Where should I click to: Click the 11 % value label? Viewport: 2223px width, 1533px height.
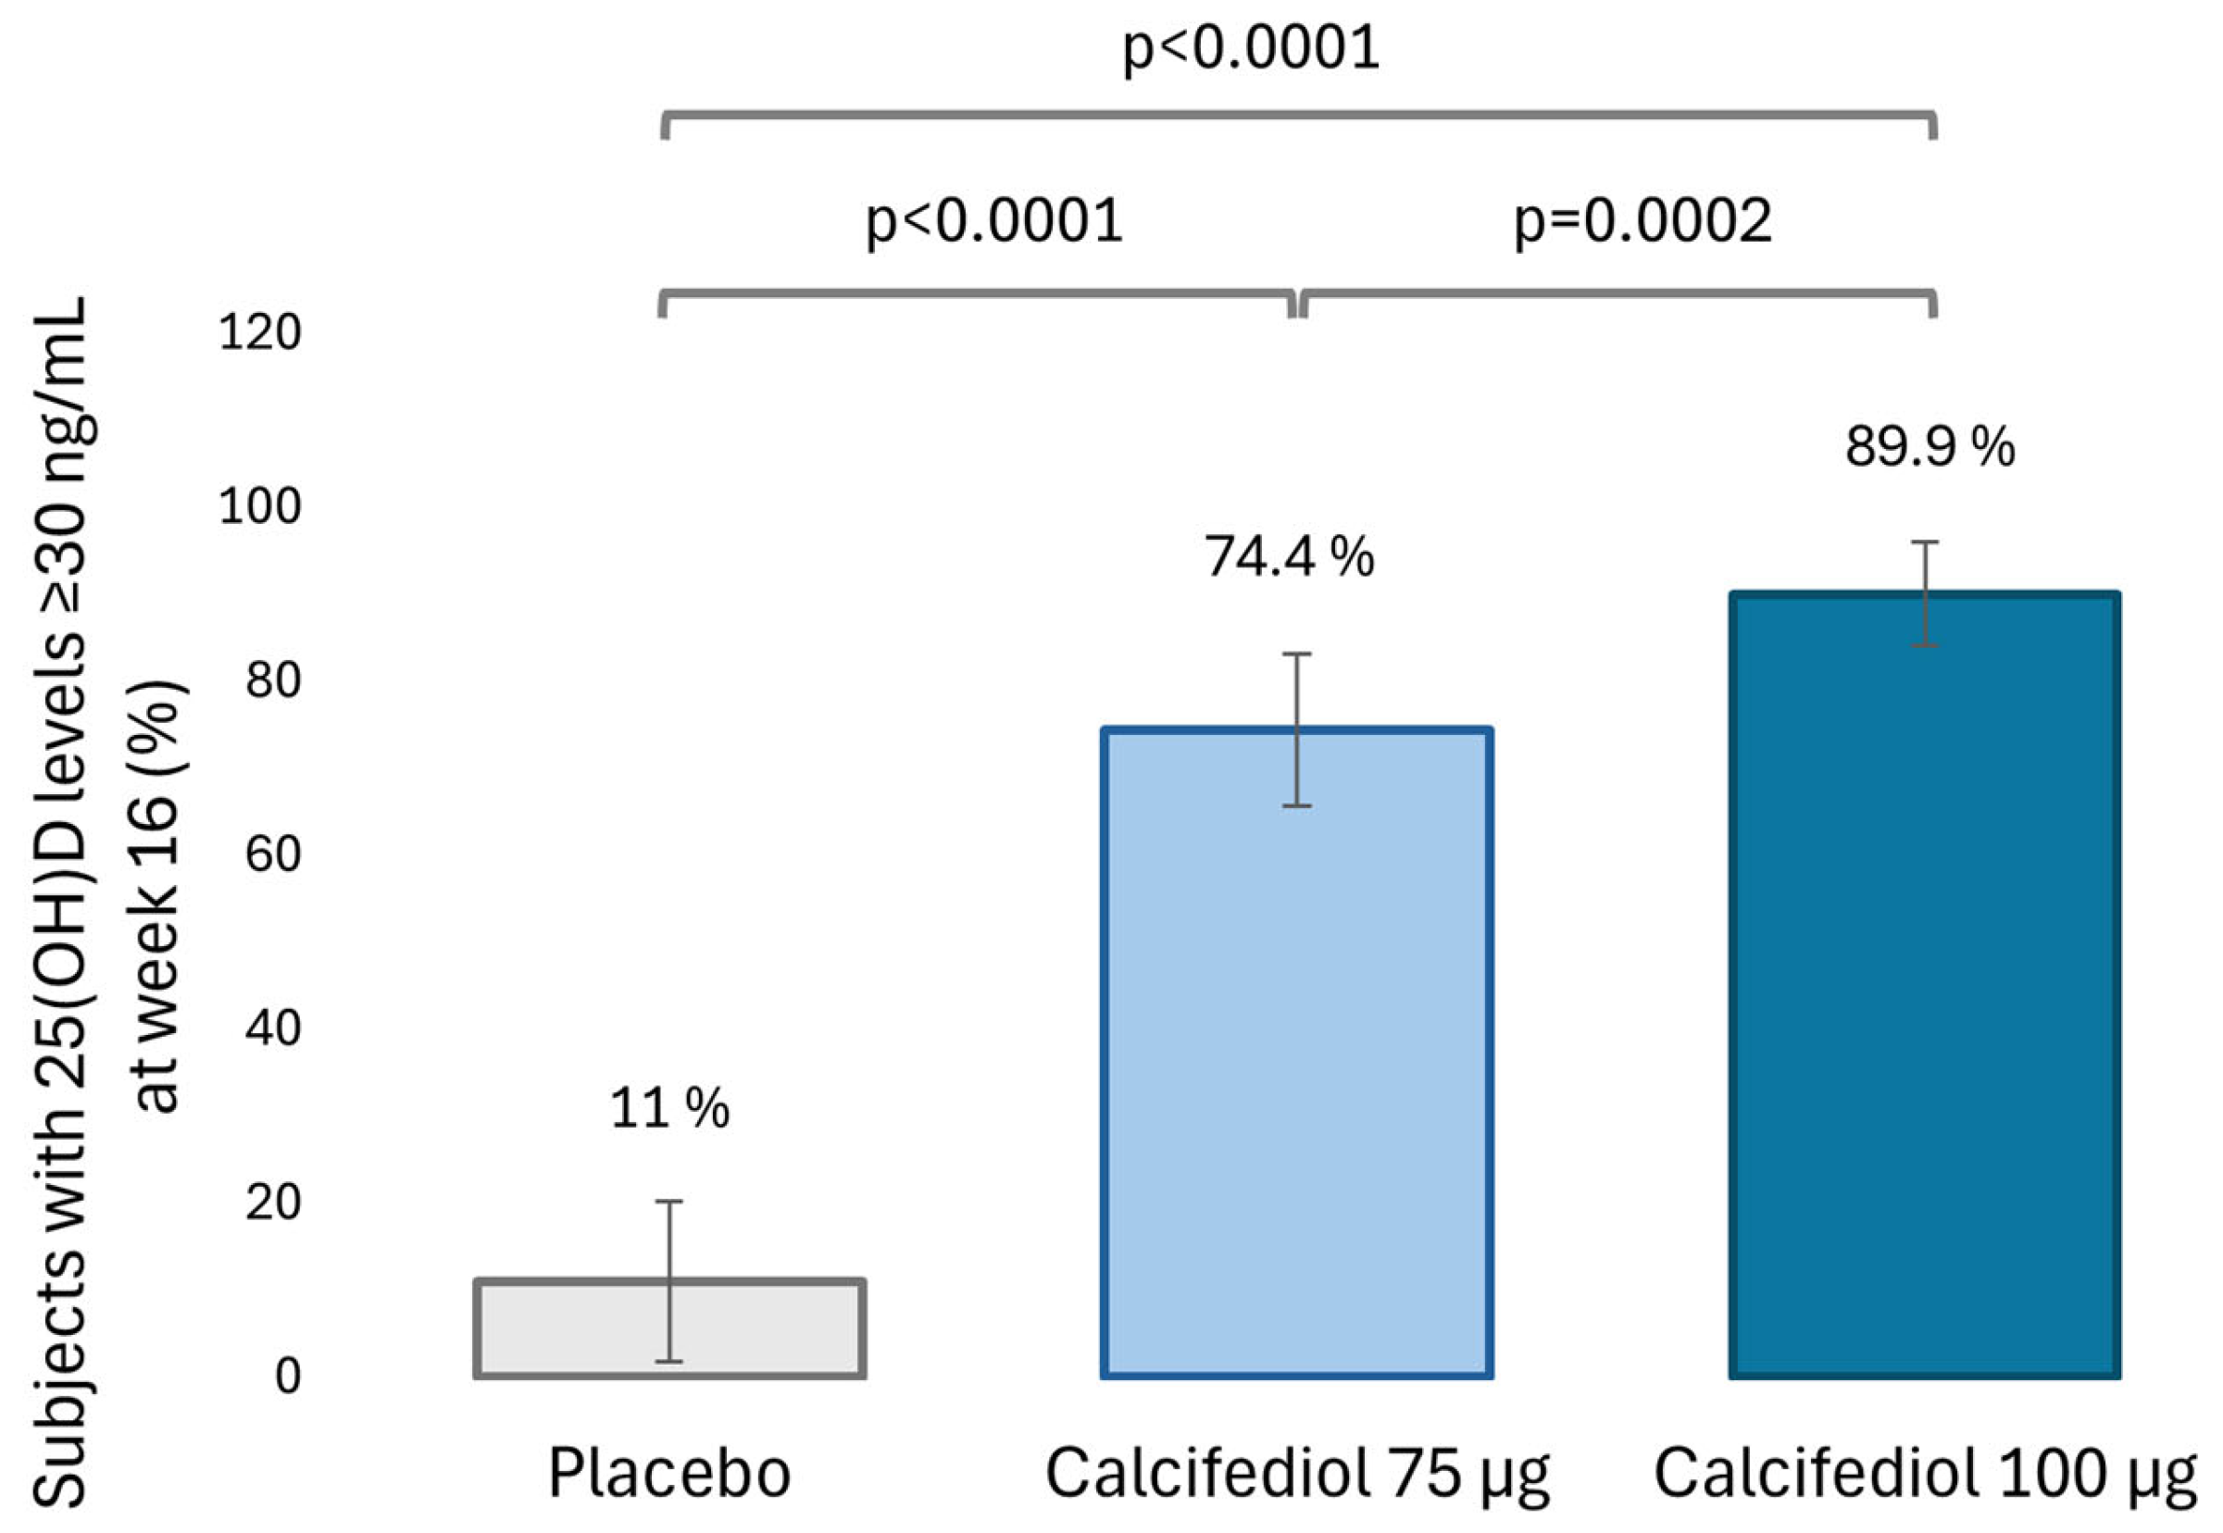pos(669,1108)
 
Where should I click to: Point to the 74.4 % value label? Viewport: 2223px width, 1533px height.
pos(1289,557)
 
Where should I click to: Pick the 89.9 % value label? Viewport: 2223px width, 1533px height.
pos(1929,448)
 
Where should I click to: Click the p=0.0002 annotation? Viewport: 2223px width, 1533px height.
pos(1642,222)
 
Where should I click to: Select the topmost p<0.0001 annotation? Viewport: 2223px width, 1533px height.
pos(1251,48)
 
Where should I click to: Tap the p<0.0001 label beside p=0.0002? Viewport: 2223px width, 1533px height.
pos(994,222)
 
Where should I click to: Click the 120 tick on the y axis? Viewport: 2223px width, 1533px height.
pos(259,333)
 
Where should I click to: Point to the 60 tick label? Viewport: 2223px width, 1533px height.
pos(273,854)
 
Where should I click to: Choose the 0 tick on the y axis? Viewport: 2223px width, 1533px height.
pos(287,1377)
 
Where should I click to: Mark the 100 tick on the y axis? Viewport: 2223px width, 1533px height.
pos(259,507)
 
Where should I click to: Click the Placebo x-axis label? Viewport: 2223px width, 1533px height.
pos(669,1474)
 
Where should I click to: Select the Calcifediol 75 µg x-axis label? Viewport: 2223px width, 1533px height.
pos(1297,1476)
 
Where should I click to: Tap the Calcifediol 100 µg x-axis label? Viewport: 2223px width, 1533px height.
pos(1924,1476)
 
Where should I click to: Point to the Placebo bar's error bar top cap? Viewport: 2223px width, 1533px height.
pos(668,1202)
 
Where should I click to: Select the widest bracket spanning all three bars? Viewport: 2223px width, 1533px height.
pos(1297,117)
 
